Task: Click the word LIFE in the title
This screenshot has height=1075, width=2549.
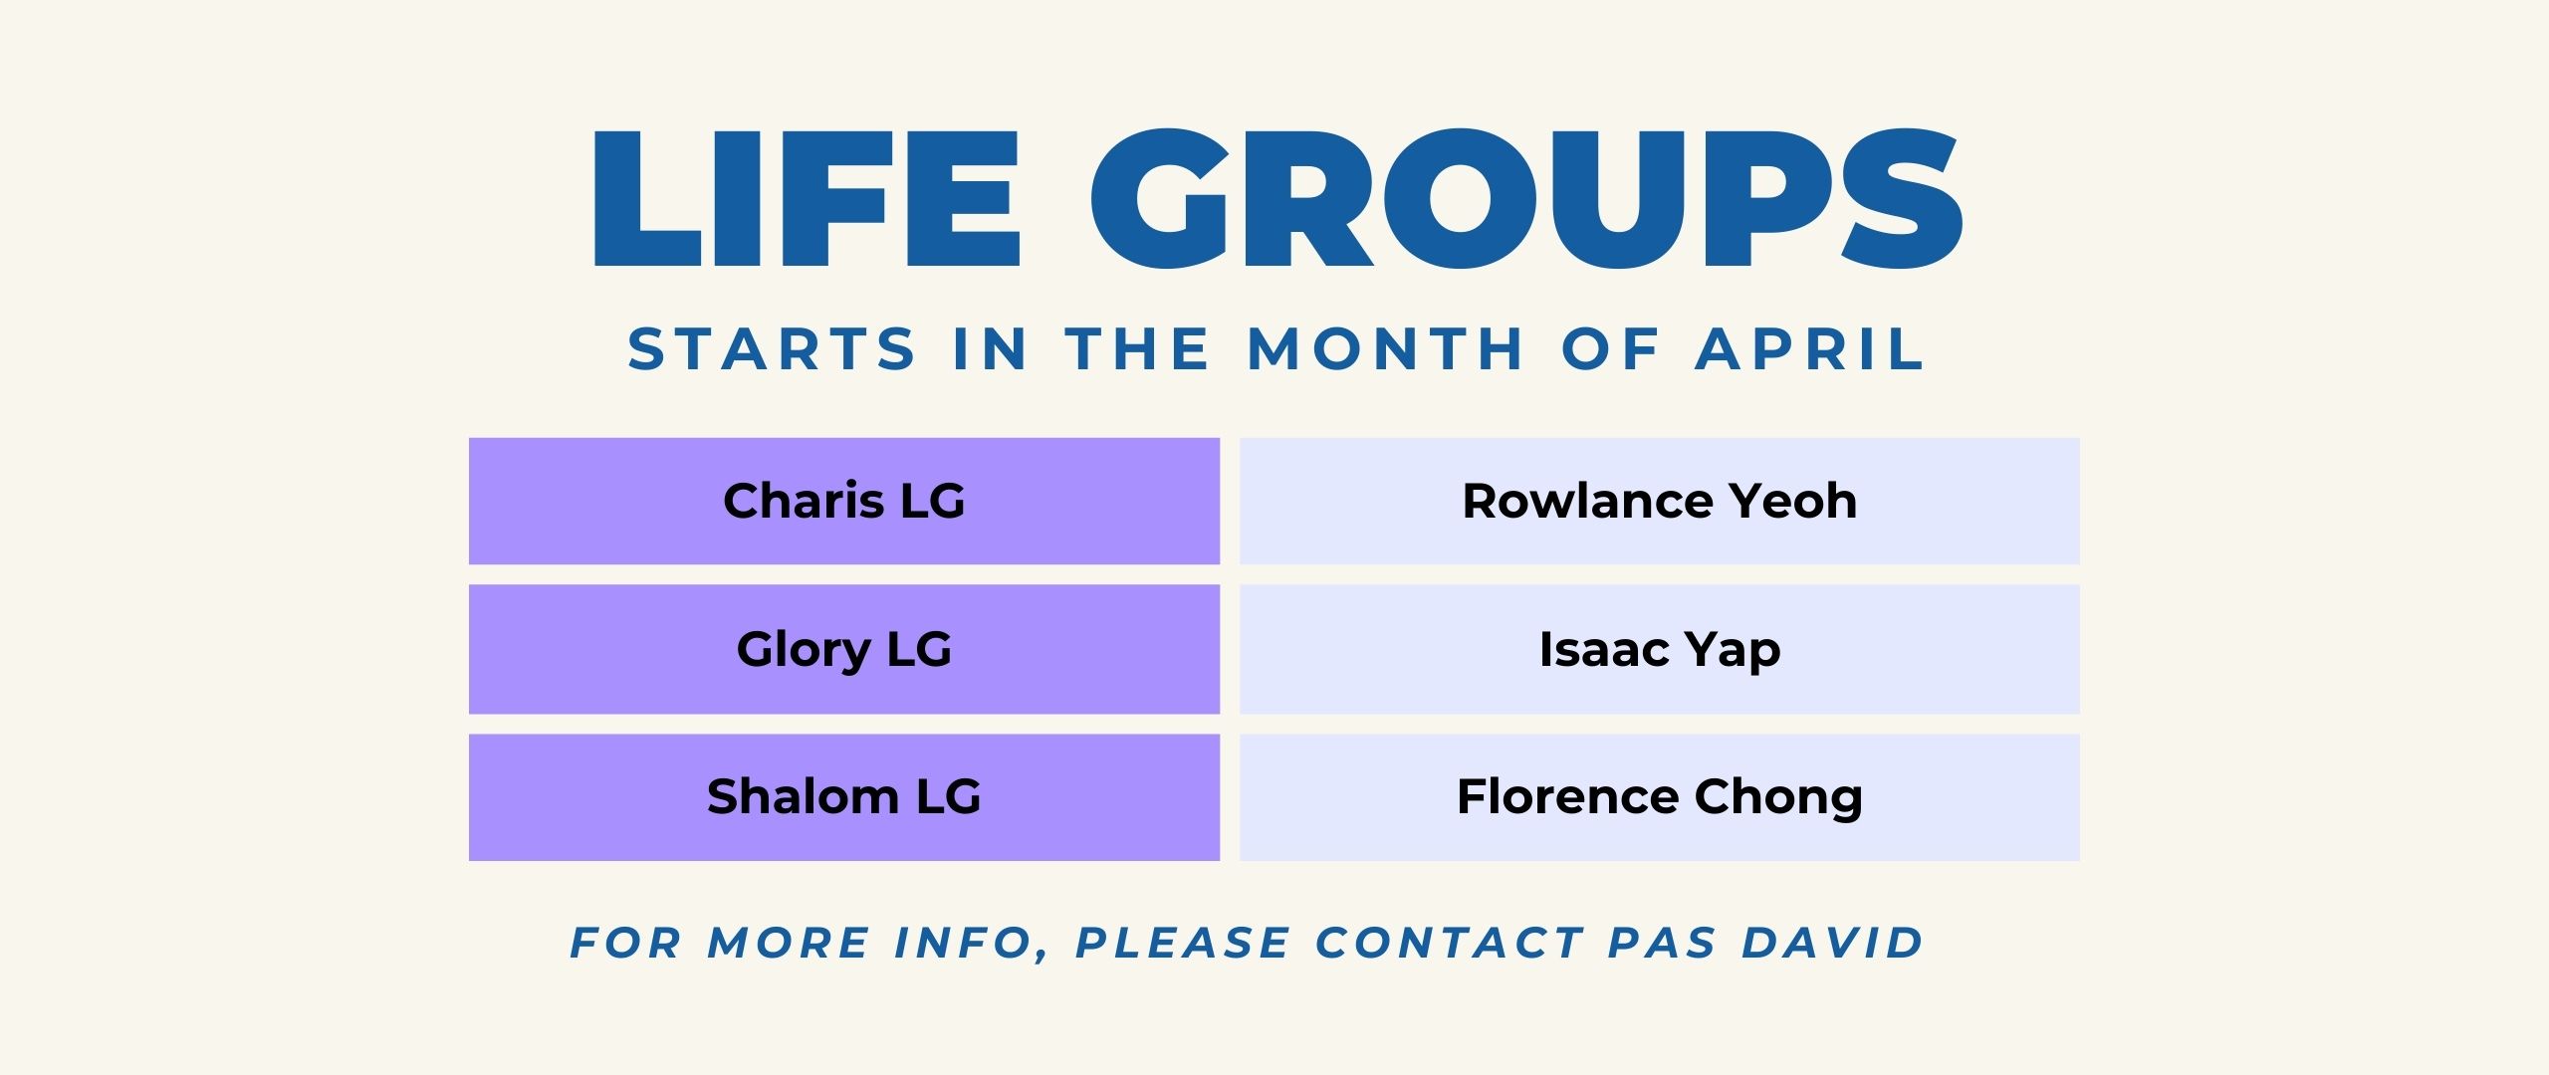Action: point(808,198)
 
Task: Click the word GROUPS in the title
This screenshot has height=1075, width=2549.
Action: point(1527,198)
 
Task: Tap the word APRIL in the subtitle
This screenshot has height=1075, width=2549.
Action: point(1809,349)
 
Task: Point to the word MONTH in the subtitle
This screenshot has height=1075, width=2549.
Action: point(1385,349)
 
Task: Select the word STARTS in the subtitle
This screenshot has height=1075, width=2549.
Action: point(772,349)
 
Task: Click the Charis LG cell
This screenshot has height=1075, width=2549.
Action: point(844,501)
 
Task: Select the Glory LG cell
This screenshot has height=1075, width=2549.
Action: point(844,649)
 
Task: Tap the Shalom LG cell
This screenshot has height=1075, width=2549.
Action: point(844,797)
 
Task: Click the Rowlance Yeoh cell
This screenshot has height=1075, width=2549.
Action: point(1660,501)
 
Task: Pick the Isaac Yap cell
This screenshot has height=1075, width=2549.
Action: point(1660,649)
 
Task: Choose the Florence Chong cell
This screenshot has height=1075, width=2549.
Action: point(1660,797)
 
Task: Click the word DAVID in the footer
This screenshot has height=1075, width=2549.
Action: point(1833,943)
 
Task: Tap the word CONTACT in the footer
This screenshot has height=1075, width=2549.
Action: point(1450,943)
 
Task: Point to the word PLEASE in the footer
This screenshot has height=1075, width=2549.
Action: point(1183,943)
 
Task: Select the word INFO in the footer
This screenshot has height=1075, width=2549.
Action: point(965,943)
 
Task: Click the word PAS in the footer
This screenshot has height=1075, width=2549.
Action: point(1663,943)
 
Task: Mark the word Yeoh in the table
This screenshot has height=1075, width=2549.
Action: point(1792,501)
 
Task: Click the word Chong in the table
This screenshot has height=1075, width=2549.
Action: point(1778,798)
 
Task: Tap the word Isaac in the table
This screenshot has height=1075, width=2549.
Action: point(1604,649)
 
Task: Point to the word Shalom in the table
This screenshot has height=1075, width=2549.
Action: point(804,796)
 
